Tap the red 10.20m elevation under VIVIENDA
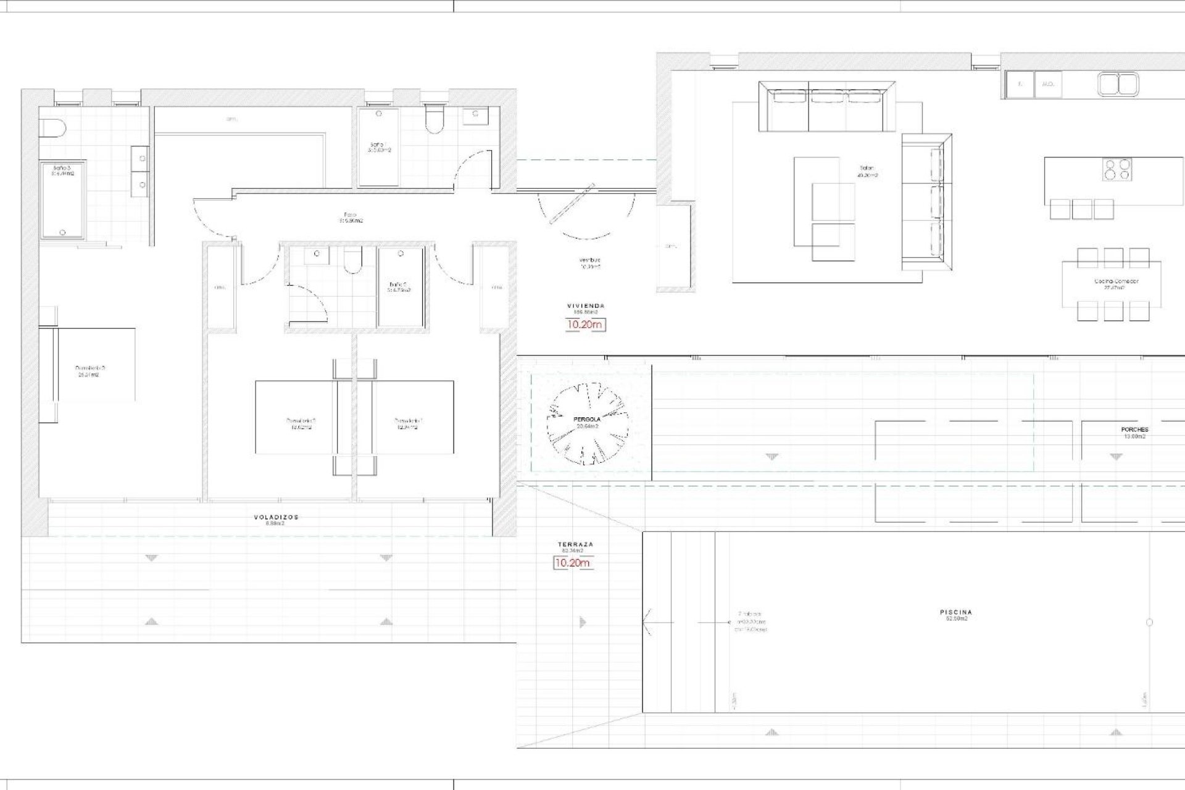click(x=586, y=324)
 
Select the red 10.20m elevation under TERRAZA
click(x=573, y=563)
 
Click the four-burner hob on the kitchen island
click(x=1118, y=169)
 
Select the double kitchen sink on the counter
click(x=1118, y=85)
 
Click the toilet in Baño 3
click(x=52, y=128)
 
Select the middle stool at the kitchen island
click(x=1082, y=209)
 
